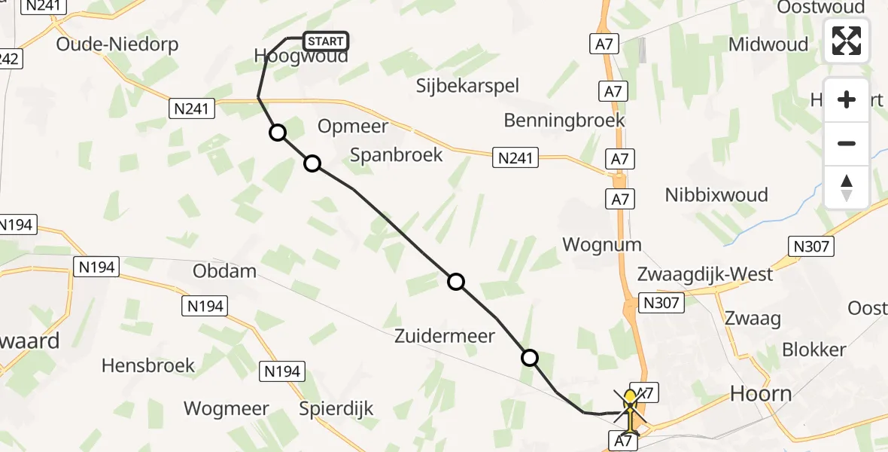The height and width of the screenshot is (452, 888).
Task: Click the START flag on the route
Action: coord(325,41)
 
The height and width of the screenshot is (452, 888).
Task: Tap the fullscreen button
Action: coord(847,41)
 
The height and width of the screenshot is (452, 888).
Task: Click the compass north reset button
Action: coord(847,188)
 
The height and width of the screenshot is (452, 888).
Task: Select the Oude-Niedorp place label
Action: coord(117,44)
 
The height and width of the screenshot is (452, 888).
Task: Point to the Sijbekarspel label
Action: coord(468,86)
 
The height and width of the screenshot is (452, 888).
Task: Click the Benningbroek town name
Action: coord(564,120)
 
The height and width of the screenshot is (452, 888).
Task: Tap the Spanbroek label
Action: coord(397,154)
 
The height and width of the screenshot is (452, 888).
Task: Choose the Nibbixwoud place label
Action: coord(716,195)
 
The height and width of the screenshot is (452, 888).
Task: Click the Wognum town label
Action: coord(602,244)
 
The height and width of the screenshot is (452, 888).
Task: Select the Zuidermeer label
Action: coord(445,336)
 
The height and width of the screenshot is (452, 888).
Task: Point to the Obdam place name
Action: coord(224,270)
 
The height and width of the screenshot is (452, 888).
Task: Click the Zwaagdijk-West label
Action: coord(705,273)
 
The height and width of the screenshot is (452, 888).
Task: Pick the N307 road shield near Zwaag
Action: coord(661,304)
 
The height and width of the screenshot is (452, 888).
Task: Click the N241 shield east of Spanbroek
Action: coord(515,157)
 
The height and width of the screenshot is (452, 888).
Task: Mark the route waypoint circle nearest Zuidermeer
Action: coord(530,358)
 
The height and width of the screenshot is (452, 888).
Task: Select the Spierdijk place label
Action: coord(336,409)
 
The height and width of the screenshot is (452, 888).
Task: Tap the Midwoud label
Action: coord(768,44)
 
